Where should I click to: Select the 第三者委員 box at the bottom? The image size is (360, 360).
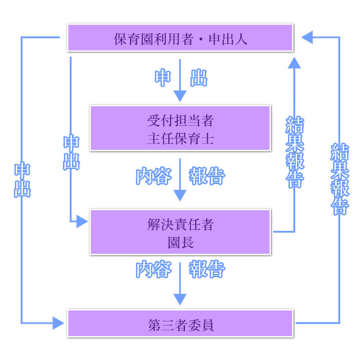tap(180, 324)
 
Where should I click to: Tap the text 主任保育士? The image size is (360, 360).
tap(180, 138)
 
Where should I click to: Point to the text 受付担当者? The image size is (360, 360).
tap(180, 120)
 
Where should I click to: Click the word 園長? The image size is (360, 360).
tap(180, 243)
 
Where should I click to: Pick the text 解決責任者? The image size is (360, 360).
tap(180, 225)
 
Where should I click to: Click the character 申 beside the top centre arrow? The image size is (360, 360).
tap(162, 78)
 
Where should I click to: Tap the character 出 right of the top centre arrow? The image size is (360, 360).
tap(199, 78)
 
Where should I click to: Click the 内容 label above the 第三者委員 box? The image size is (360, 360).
tap(154, 270)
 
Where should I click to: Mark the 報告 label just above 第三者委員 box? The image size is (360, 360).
tap(207, 270)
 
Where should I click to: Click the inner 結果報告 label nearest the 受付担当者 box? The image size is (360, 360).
tap(295, 152)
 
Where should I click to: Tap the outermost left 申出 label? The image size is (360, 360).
tap(22, 180)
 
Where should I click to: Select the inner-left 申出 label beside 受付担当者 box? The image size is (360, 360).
tap(71, 152)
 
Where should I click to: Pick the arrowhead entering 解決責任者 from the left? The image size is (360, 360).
tap(82, 221)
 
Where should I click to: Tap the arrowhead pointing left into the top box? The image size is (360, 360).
tap(307, 37)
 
